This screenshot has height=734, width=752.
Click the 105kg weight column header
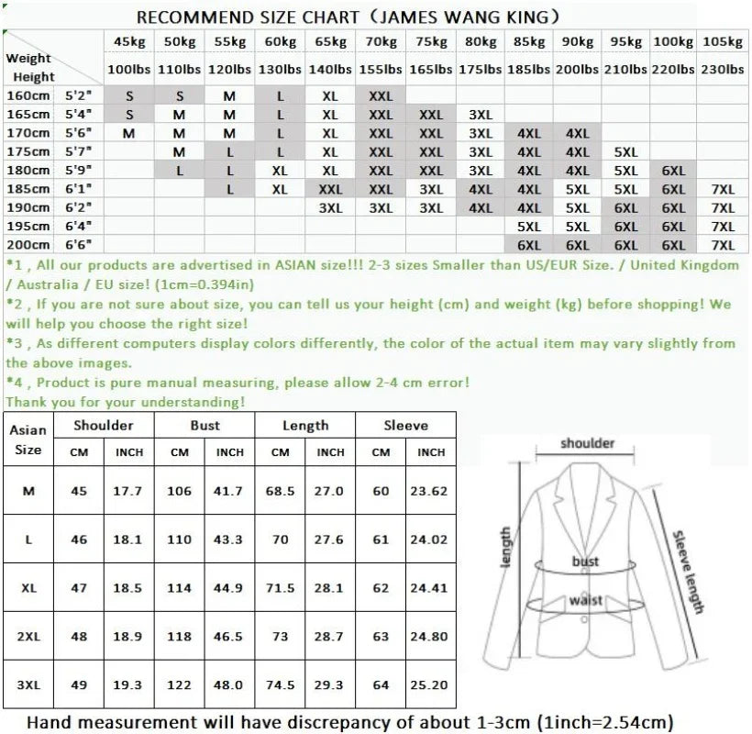click(722, 42)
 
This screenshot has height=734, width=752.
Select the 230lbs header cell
click(722, 69)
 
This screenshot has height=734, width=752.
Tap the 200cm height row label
click(28, 245)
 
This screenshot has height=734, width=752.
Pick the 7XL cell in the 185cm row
click(723, 189)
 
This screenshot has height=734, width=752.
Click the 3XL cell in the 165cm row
click(480, 115)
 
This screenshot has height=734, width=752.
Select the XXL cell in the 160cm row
click(380, 95)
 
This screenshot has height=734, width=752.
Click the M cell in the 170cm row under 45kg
click(128, 133)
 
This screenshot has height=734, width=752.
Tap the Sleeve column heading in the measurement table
click(405, 425)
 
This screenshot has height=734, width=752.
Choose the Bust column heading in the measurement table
click(205, 425)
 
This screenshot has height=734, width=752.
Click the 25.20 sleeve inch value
click(428, 684)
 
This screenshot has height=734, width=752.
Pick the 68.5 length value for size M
click(280, 491)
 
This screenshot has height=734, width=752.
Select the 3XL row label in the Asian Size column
click(28, 684)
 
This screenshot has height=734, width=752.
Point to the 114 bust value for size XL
click(180, 587)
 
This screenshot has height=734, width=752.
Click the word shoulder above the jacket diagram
click(588, 443)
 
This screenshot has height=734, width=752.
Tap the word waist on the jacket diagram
click(585, 600)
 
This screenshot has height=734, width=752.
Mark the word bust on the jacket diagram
click(585, 561)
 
